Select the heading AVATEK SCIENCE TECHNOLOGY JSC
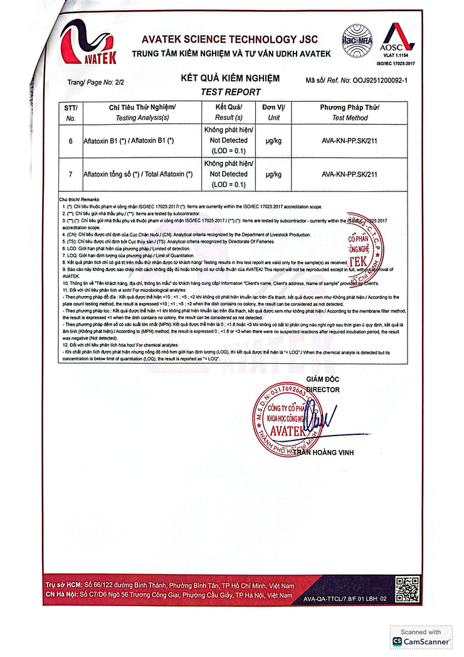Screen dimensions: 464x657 (x=236, y=39)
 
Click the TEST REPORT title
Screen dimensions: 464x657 (x=230, y=92)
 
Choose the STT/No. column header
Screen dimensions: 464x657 (x=71, y=112)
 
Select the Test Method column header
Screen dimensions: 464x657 (x=349, y=112)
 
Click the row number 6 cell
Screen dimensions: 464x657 (x=71, y=141)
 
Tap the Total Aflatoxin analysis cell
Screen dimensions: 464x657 (x=138, y=174)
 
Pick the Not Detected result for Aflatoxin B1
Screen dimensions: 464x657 (x=228, y=141)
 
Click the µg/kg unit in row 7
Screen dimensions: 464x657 (x=273, y=174)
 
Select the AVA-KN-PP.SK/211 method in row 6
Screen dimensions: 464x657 (x=349, y=141)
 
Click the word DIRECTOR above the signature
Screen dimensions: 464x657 (x=323, y=390)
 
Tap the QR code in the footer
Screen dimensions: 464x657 (x=408, y=589)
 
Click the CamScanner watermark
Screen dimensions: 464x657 (x=421, y=638)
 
